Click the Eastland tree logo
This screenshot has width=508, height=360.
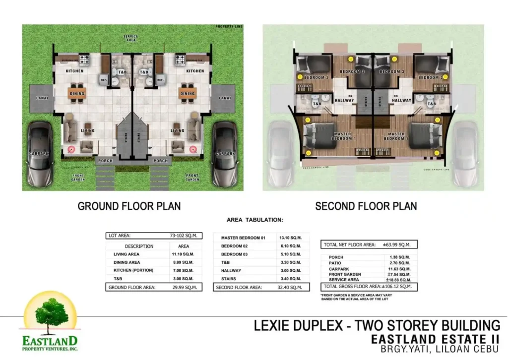pyautogui.click(x=50, y=315)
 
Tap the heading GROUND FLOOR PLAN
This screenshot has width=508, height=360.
pyautogui.click(x=129, y=206)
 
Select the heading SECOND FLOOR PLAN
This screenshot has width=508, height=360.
pyautogui.click(x=366, y=206)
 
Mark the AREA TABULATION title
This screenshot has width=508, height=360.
pyautogui.click(x=254, y=219)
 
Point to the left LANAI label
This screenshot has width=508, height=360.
pyautogui.click(x=42, y=98)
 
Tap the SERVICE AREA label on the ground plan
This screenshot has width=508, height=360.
pyautogui.click(x=130, y=38)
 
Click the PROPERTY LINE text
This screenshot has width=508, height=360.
pyautogui.click(x=229, y=27)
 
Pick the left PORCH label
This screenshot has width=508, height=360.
pyautogui.click(x=105, y=161)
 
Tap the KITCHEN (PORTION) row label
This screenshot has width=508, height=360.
pyautogui.click(x=133, y=270)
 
